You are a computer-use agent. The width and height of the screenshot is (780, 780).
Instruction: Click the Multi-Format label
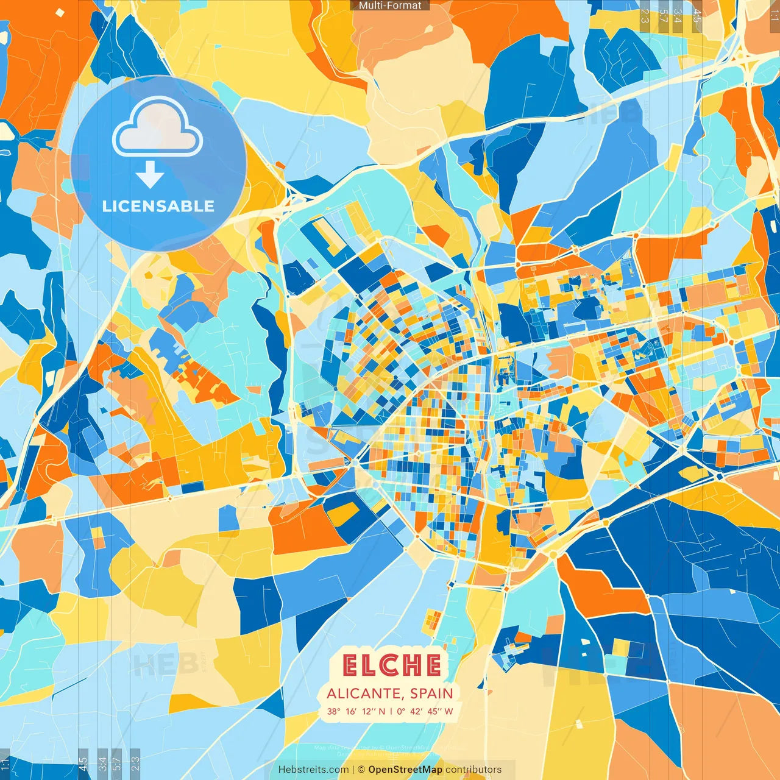[390, 5]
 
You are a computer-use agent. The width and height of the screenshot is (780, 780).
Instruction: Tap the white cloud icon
[158, 129]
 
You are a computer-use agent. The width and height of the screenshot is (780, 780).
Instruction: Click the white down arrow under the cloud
[150, 175]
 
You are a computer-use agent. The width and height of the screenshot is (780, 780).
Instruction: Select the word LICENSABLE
[158, 206]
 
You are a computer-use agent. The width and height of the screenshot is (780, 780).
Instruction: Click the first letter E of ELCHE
[350, 665]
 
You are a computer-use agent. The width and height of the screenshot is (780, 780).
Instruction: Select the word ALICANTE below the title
[363, 693]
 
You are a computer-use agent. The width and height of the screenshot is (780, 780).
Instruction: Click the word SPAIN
[431, 693]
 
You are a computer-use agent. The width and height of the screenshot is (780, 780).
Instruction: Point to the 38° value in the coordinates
[334, 711]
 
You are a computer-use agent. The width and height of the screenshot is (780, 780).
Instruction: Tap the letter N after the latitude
[382, 711]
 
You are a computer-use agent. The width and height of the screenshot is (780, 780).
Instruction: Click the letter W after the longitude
[448, 711]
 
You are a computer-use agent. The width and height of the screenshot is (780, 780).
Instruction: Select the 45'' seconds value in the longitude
[434, 711]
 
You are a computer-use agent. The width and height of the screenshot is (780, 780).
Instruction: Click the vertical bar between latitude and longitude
[391, 711]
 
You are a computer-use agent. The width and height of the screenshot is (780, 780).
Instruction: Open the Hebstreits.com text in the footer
[314, 770]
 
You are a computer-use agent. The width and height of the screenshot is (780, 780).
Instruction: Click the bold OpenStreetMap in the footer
[405, 770]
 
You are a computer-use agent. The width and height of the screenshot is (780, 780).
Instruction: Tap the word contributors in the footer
[473, 770]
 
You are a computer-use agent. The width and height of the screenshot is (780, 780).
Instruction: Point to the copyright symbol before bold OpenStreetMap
[361, 770]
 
